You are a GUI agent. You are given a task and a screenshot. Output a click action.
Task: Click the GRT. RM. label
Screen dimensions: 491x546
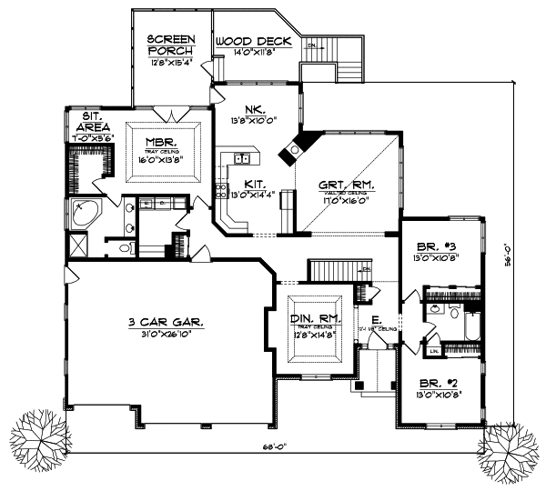tap(347, 185)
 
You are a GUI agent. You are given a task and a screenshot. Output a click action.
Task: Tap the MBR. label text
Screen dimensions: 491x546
tap(165, 143)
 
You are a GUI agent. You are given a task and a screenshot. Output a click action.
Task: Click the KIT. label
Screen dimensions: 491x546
tap(241, 183)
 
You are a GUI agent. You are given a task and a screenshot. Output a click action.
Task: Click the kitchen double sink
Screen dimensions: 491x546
tap(243, 159)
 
